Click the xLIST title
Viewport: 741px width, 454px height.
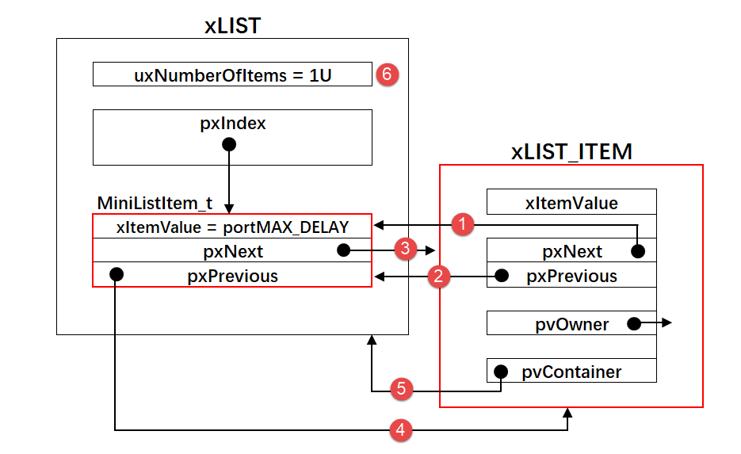click(x=232, y=25)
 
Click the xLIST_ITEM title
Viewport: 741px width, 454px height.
click(x=571, y=151)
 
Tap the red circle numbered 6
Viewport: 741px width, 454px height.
click(x=386, y=74)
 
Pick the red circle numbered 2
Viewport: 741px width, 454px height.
click(x=439, y=276)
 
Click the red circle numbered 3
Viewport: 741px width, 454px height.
click(x=405, y=250)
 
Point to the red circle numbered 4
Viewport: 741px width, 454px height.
click(x=402, y=430)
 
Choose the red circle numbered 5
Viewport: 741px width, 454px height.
click(x=402, y=390)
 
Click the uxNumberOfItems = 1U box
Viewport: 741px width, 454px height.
click(x=232, y=74)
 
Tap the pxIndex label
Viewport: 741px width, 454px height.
click(x=232, y=124)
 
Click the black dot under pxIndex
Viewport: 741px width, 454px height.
click(x=229, y=144)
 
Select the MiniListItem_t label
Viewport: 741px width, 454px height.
click(x=155, y=204)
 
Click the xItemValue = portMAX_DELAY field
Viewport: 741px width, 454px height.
click(x=232, y=227)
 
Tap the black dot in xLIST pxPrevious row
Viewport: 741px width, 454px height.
click(x=116, y=274)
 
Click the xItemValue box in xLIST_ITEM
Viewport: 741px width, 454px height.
click(x=571, y=202)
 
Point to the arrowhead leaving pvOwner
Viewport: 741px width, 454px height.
click(x=667, y=323)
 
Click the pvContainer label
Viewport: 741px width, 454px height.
click(x=582, y=371)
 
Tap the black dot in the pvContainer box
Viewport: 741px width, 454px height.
click(x=501, y=371)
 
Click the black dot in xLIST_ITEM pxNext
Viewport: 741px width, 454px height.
click(x=637, y=252)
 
